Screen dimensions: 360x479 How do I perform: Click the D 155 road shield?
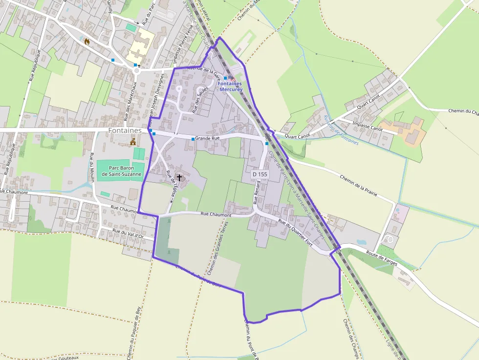(x=260, y=174)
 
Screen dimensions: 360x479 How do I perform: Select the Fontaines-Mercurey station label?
(x=230, y=86)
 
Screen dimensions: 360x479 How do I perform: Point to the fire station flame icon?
(x=87, y=42)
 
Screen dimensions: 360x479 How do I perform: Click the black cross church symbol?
(x=179, y=178)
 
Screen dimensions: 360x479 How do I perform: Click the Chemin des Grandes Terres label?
(x=218, y=248)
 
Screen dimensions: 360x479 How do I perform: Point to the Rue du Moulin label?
(x=91, y=168)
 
